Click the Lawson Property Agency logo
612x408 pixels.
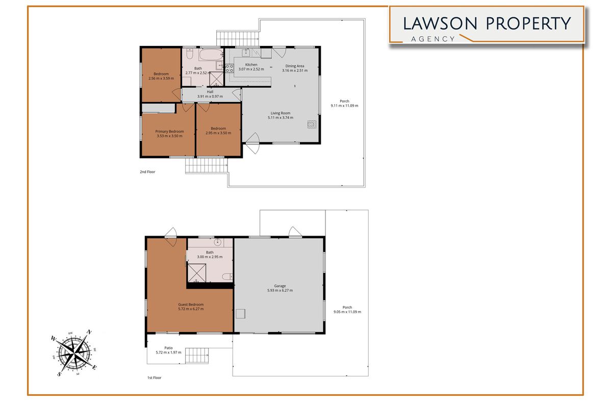(x=487, y=25)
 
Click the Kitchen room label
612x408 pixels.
(x=251, y=65)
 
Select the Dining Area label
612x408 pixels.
(x=295, y=66)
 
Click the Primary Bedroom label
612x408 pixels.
(x=169, y=132)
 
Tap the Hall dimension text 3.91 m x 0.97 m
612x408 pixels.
(x=210, y=96)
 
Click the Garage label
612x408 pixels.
(x=279, y=286)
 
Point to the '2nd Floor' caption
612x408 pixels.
(x=147, y=172)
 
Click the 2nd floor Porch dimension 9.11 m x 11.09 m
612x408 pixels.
(x=344, y=106)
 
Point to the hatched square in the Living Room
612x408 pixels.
(x=311, y=124)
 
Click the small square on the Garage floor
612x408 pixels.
(x=241, y=314)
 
